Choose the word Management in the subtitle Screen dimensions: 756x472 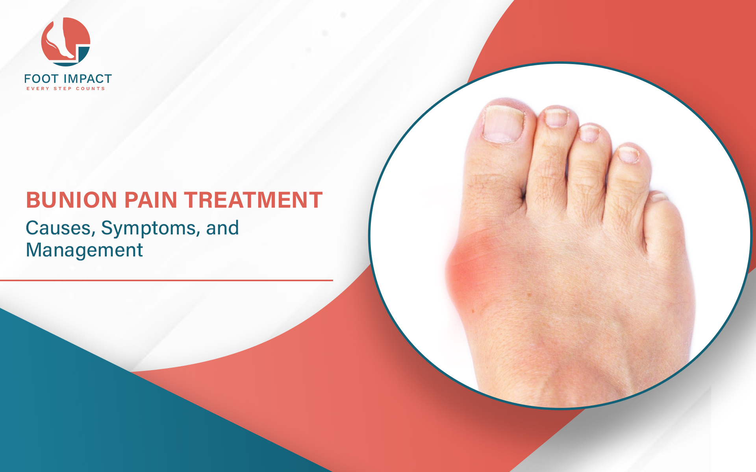pos(84,250)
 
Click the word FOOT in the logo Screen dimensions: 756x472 pos(41,79)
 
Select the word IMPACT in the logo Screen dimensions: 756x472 pos(88,79)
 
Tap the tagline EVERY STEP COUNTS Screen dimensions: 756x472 pos(66,88)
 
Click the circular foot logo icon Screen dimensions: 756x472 pos(66,42)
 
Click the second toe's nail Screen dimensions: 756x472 pos(556,118)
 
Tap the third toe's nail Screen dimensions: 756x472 pos(589,133)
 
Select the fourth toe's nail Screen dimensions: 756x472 pos(629,154)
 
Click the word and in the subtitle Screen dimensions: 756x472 pos(222,228)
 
